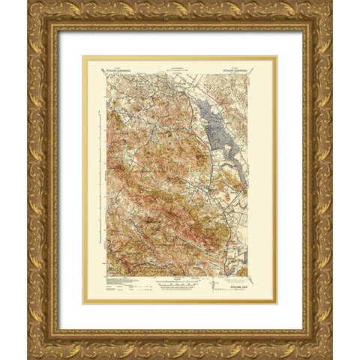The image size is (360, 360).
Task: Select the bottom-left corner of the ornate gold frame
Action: [34, 352]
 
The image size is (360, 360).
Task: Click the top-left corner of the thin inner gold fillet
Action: [83, 56]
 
